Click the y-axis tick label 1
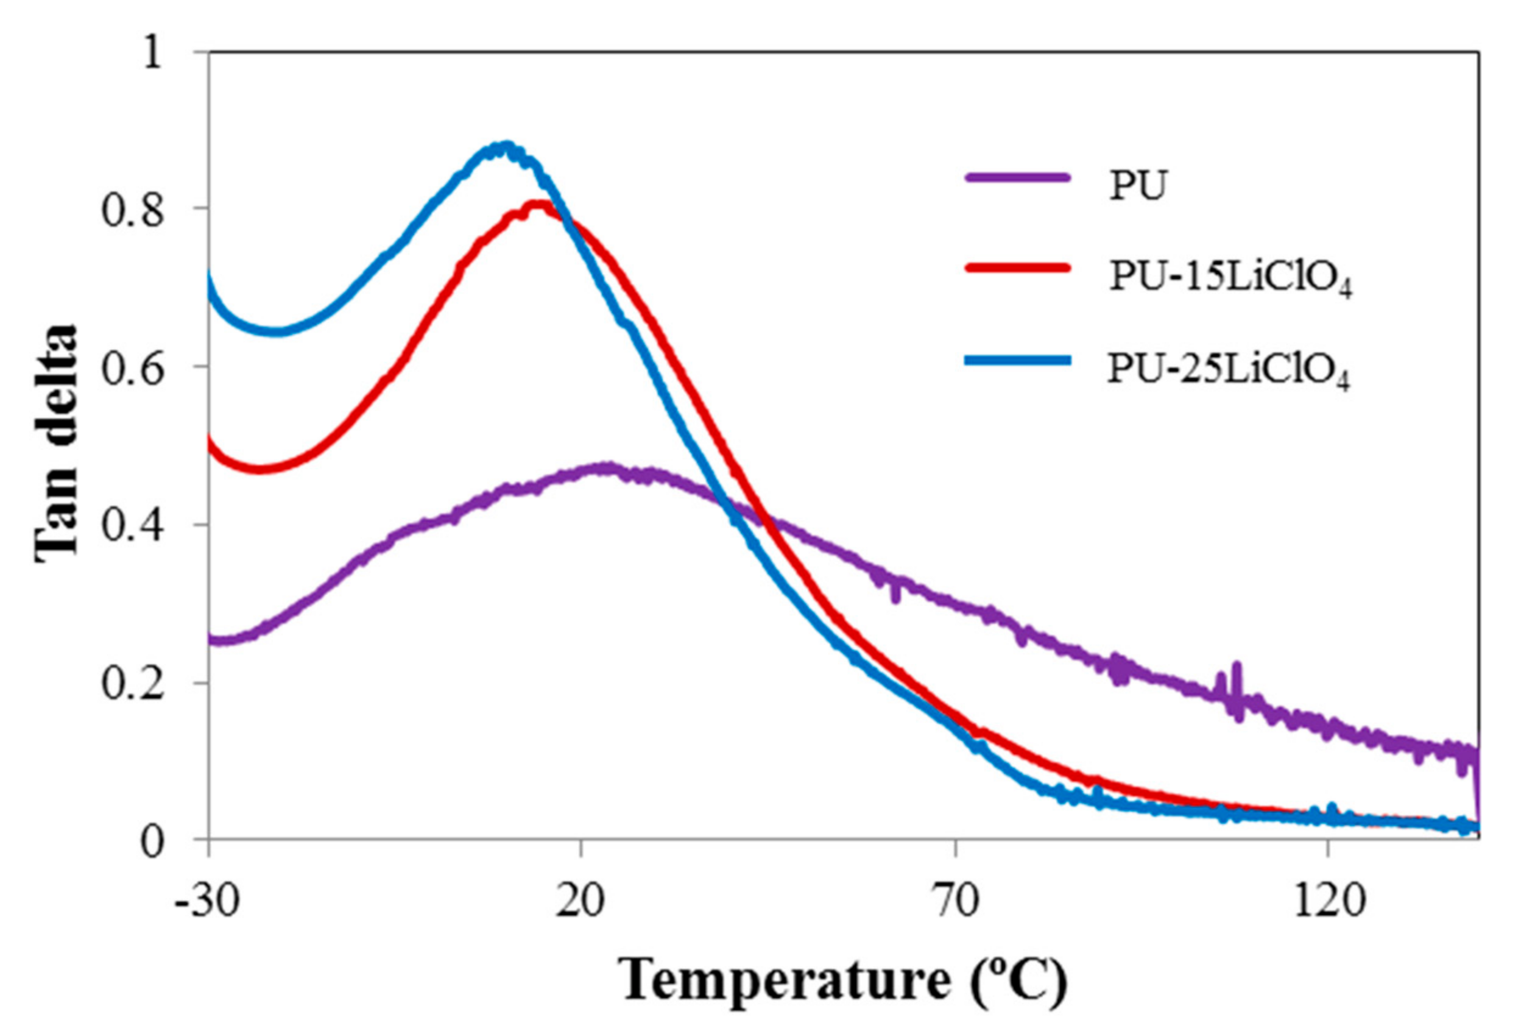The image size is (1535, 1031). pos(152,52)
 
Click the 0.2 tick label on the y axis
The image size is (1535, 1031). pos(132,684)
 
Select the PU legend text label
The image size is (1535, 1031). pos(1137,186)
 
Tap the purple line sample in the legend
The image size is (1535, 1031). pos(1018,177)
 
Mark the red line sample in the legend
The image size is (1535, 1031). pos(1018,267)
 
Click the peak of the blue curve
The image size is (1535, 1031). pos(504,147)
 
